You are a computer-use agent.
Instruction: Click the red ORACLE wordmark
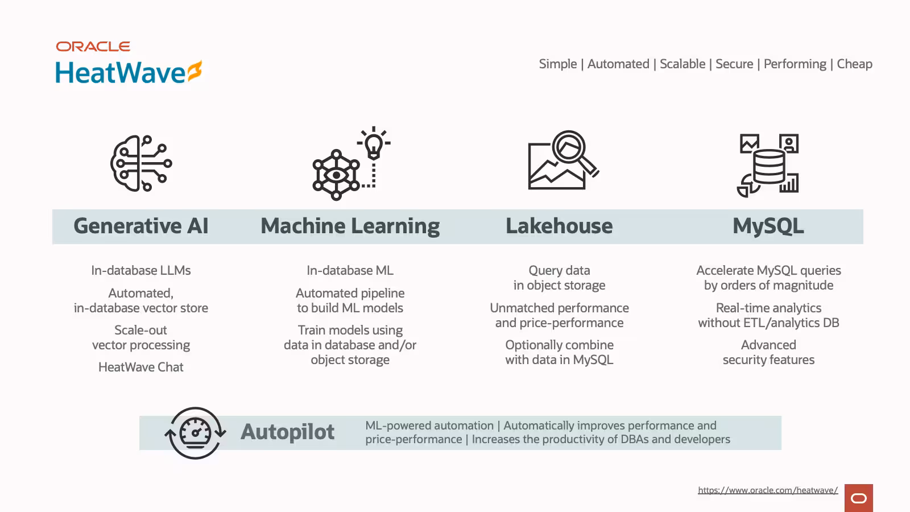[x=93, y=46]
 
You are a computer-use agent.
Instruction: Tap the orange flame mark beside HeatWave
[x=195, y=71]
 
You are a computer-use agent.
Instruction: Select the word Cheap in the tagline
[x=854, y=64]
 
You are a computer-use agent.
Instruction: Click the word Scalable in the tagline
[x=682, y=64]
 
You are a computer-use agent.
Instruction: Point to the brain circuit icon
[x=141, y=163]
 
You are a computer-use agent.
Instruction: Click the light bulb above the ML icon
[x=374, y=143]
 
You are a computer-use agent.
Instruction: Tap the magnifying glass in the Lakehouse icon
[x=573, y=152]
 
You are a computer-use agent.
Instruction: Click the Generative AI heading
[x=141, y=226]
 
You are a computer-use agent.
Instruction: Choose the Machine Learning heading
[x=350, y=226]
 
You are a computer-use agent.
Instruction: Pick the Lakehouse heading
[x=559, y=226]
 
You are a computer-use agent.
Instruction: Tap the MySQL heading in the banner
[x=768, y=226]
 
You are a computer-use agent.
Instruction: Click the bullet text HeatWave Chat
[x=141, y=367]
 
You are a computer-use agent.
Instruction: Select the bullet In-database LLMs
[x=141, y=270]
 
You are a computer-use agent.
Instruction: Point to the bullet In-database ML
[x=350, y=270]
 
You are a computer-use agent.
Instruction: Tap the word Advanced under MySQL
[x=768, y=345]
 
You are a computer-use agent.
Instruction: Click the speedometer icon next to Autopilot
[x=196, y=433]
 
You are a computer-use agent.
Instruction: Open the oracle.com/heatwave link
[x=768, y=490]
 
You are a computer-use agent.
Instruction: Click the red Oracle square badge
[x=858, y=498]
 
